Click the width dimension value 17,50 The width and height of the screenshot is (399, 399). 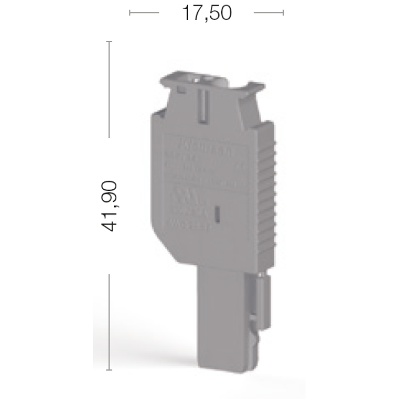206,13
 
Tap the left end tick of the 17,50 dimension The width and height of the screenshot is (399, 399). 130,13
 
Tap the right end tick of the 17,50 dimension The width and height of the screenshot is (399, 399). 283,13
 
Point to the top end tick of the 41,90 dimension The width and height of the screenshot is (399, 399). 109,42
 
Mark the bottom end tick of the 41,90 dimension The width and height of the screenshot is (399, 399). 109,369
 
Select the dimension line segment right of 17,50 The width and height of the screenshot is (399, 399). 268,13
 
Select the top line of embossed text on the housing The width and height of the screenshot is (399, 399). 205,147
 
